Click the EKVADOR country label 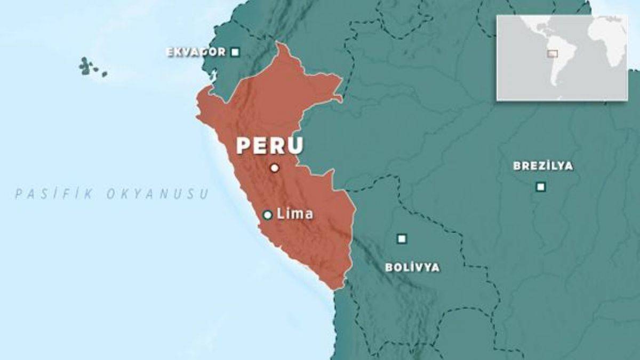[x=195, y=52]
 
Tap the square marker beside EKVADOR [x=235, y=52]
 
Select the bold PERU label [x=269, y=146]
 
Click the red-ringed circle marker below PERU [x=274, y=168]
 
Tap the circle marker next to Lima [x=268, y=215]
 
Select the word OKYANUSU [x=158, y=194]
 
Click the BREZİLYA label [x=543, y=166]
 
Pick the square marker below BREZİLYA [x=540, y=187]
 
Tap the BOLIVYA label [x=412, y=268]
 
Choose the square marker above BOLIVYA [x=402, y=239]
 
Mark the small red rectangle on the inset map [x=553, y=53]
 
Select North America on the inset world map [x=525, y=29]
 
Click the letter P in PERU [x=245, y=146]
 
